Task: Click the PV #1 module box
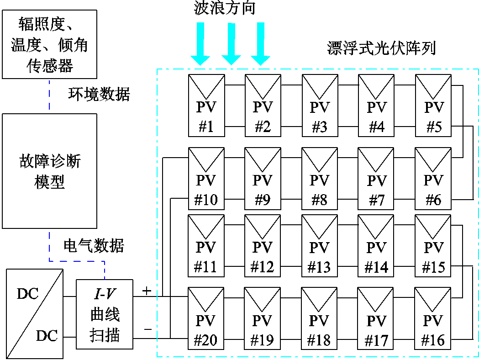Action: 206,105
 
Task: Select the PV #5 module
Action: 433,105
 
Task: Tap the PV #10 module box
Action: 206,178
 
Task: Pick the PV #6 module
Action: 433,178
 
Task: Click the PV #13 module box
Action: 319,245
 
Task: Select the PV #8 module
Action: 319,178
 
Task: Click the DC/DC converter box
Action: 35,314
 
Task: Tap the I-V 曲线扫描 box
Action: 105,315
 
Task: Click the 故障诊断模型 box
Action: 50,171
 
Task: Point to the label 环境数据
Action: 99,94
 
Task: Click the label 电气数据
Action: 94,246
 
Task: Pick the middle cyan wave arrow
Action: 231,43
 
